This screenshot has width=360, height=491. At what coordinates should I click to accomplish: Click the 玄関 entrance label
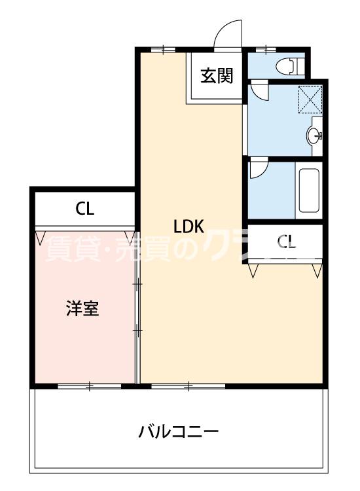[x=217, y=76]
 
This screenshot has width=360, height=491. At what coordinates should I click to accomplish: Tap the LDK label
[x=190, y=227]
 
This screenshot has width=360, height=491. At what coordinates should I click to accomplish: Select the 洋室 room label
[x=82, y=308]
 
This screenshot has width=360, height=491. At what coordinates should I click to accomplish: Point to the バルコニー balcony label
[x=178, y=433]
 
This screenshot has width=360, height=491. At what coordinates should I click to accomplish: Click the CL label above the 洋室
[x=84, y=209]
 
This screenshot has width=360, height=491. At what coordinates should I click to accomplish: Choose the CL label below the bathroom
[x=287, y=242]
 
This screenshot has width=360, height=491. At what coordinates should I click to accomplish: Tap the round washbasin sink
[x=315, y=137]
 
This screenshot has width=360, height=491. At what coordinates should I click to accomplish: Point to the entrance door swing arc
[x=228, y=33]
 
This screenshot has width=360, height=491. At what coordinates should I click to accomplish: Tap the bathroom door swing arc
[x=257, y=170]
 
